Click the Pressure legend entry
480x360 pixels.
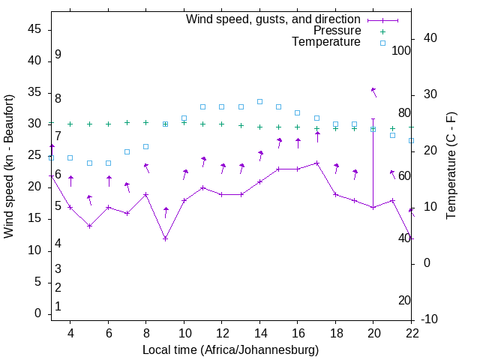click(337, 31)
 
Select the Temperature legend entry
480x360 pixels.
click(326, 42)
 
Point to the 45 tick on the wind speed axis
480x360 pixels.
click(34, 28)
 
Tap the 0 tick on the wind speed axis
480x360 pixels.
click(37, 313)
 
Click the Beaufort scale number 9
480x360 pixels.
click(58, 55)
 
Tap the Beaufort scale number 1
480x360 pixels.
click(58, 306)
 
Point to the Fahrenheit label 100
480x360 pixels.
click(401, 50)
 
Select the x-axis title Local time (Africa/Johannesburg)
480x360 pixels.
click(230, 349)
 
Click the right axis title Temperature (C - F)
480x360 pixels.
click(451, 166)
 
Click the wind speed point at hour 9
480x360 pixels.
click(165, 238)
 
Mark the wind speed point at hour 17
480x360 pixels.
click(316, 163)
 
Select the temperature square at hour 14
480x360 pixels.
click(259, 101)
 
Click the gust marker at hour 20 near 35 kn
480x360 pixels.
click(373, 90)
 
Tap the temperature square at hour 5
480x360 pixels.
click(89, 163)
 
